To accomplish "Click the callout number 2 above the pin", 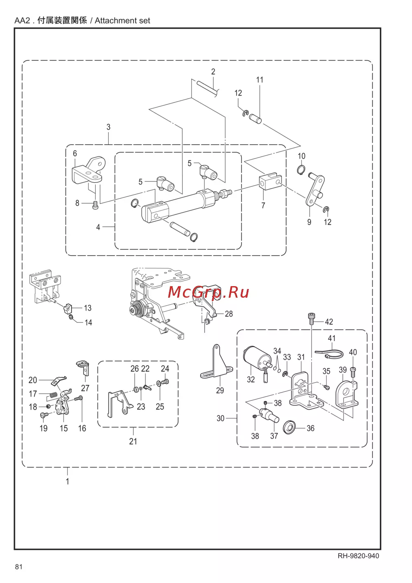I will [213, 72].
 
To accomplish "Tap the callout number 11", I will [260, 80].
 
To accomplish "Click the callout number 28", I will [229, 314].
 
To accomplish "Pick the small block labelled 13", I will [68, 308].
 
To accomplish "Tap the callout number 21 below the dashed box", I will [133, 441].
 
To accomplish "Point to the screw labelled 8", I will [95, 205].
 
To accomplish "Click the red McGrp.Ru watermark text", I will [208, 292].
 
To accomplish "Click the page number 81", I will [19, 567].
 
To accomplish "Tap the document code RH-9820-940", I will [358, 556].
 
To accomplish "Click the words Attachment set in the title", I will [122, 21].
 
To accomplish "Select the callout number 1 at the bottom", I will [67, 481].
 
